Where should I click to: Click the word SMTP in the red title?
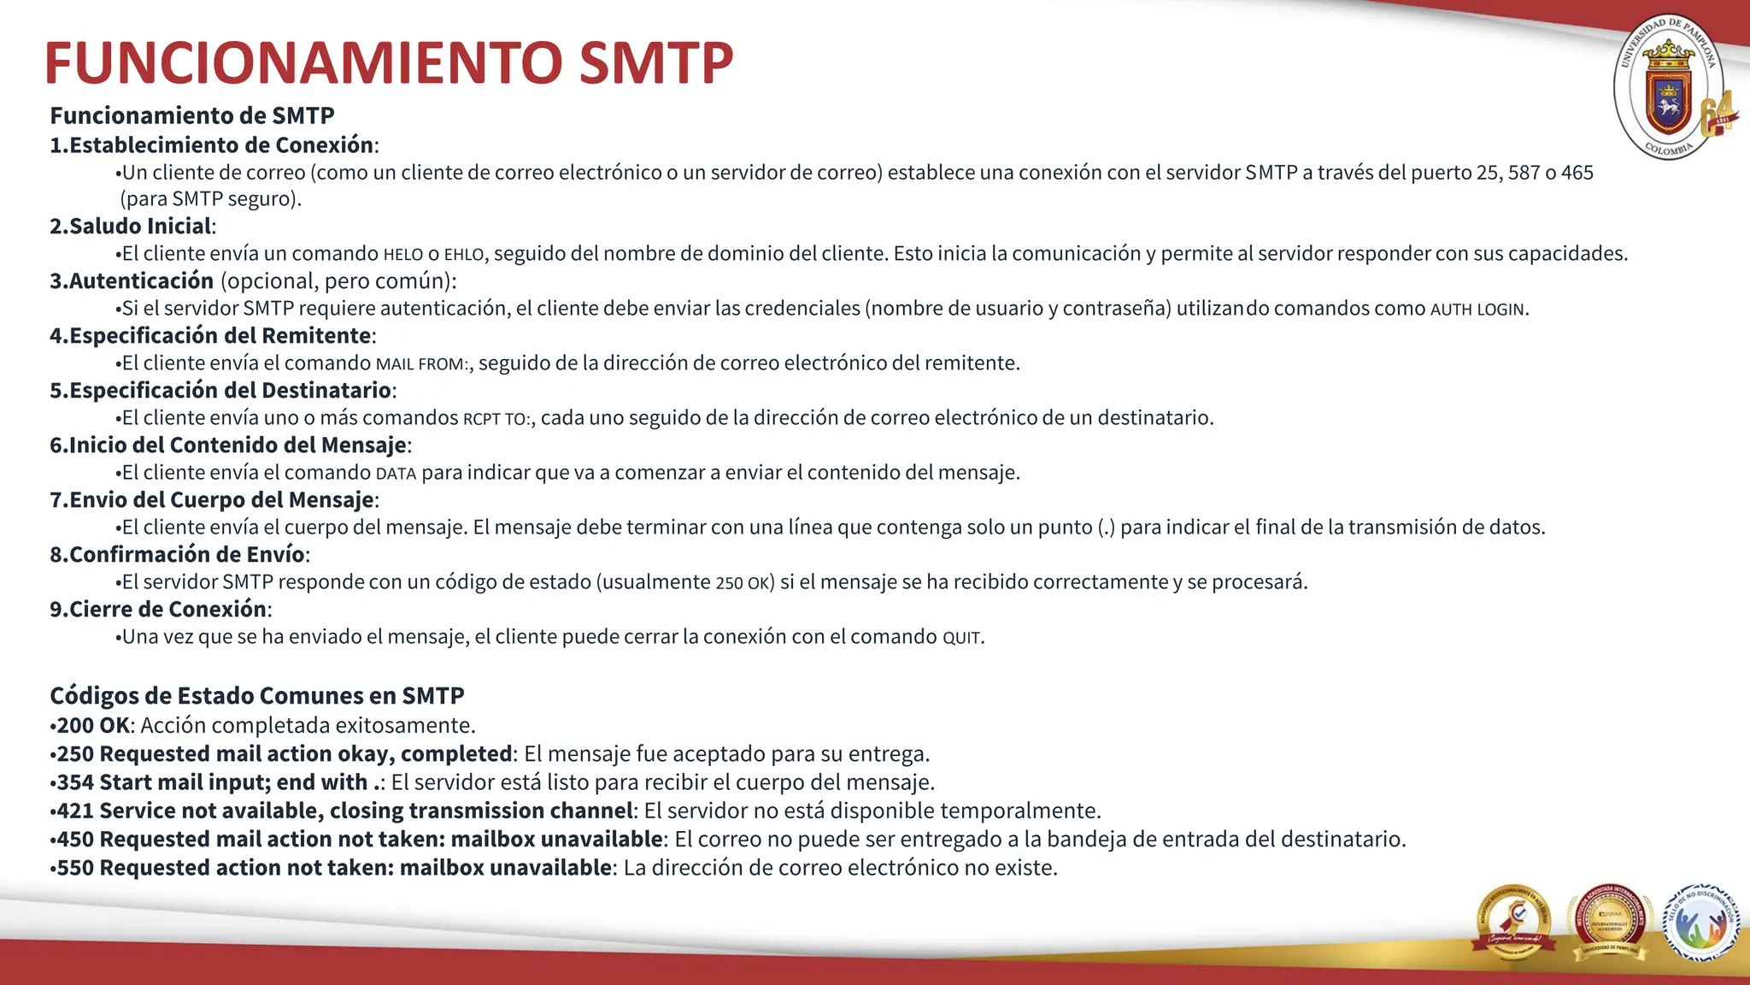655,63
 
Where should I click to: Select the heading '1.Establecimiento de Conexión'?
212,145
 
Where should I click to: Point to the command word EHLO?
464,255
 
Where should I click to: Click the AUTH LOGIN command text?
1477,310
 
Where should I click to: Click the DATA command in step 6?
396,474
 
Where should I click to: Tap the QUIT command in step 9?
961,638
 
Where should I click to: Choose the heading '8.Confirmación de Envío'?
178,555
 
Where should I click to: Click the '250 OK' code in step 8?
743,583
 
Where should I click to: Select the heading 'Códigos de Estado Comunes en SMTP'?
256,695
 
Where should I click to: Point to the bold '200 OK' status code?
92,725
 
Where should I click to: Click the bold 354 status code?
75,782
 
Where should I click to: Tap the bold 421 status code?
75,811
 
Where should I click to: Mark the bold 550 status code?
75,868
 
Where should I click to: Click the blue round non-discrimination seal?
1700,923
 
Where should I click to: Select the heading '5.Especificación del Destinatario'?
220,391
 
